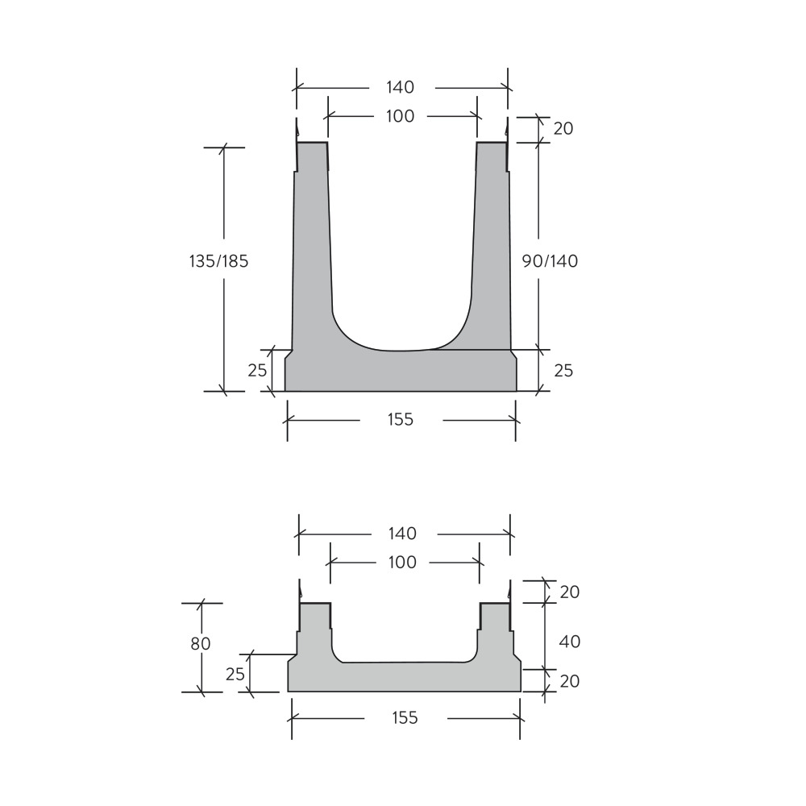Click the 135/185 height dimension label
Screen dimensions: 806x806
pos(218,261)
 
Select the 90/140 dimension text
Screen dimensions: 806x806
pos(550,261)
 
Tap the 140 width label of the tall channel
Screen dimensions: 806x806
pos(400,87)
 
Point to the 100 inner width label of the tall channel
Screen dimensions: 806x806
pos(400,116)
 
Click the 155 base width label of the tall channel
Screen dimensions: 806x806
pos(400,419)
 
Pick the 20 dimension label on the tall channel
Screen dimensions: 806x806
pos(563,128)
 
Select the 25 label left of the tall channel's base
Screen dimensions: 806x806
pos(257,371)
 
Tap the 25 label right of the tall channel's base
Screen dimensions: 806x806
pos(563,371)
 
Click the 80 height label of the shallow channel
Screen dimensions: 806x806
pos(201,643)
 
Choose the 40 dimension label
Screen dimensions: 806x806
pos(569,642)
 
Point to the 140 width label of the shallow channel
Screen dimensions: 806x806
pos(402,534)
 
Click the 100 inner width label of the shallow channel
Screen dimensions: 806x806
pos(402,562)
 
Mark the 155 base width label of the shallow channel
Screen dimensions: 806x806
pos(405,717)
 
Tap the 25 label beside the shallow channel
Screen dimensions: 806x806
pos(235,674)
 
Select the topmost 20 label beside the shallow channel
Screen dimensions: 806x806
pos(569,592)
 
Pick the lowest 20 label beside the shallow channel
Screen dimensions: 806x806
pos(569,681)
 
